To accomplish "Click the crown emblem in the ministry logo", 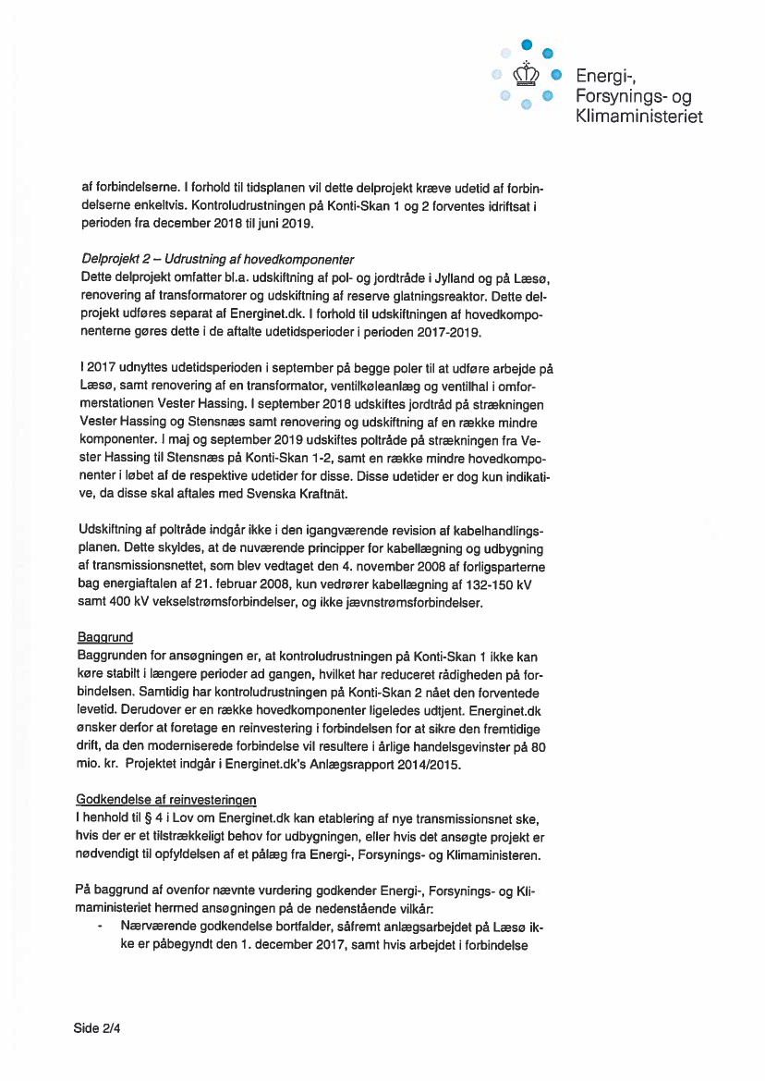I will (525, 72).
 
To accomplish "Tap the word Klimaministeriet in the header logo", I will (638, 117).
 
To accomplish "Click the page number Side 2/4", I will (97, 1027).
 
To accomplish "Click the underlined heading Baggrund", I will (106, 637).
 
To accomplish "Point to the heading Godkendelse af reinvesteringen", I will (166, 800).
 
